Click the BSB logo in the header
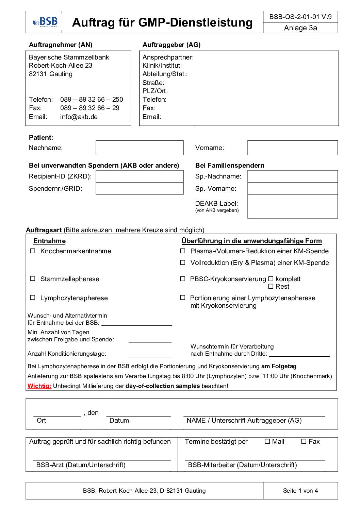point(45,22)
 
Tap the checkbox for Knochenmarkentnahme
point(33,251)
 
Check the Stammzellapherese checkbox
point(33,279)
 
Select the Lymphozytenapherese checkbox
point(33,298)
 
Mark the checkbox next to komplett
point(271,279)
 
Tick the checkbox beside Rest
point(271,287)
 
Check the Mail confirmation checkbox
point(267,442)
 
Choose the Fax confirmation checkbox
point(304,442)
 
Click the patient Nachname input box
point(140,148)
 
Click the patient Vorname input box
point(293,148)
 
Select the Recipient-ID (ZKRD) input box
point(140,176)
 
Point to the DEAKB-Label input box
point(293,206)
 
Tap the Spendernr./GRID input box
point(140,188)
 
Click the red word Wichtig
point(39,386)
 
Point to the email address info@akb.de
point(79,117)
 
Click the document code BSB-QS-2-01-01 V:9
point(300,17)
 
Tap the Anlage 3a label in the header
point(300,28)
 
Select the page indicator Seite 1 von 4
point(300,491)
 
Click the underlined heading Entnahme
point(49,241)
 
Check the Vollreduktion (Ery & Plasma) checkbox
point(183,262)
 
